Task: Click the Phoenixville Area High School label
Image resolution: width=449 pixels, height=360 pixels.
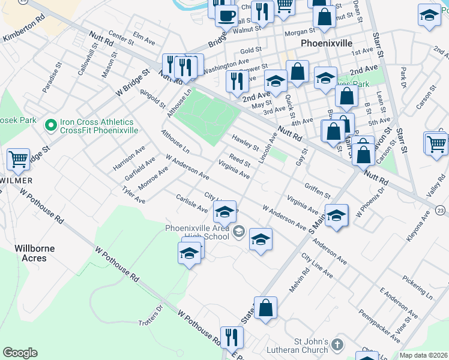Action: [197, 232]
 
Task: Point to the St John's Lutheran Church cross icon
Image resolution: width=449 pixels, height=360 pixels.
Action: [338, 345]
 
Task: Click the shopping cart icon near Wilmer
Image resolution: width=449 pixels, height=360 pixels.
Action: [19, 160]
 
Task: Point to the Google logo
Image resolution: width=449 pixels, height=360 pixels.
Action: [20, 352]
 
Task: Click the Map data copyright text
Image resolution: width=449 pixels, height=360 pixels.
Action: [423, 355]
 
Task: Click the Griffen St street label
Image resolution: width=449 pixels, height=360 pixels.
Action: [318, 191]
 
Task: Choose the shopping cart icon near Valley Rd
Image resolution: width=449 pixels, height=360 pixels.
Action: [436, 143]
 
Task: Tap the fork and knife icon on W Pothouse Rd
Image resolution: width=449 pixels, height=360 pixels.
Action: [231, 337]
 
